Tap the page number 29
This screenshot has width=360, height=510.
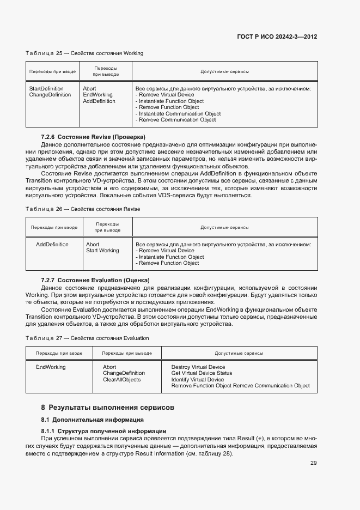pos(314,463)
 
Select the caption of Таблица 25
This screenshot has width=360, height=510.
pos(84,53)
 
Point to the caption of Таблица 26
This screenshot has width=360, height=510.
pos(83,209)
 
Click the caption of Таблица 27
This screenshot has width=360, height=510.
pos(87,338)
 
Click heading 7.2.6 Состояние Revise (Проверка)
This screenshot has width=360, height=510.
pos(93,136)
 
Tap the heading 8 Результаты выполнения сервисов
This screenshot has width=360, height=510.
pos(108,407)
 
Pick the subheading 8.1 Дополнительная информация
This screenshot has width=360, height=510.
pos(92,420)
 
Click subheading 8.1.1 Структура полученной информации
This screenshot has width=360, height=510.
pos(103,432)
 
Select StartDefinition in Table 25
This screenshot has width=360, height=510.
pos(46,88)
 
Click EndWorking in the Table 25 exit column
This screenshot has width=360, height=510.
pos(97,95)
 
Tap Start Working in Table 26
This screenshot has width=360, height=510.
pos(102,251)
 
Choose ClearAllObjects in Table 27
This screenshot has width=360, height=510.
pos(121,380)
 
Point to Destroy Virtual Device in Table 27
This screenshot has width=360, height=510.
pos(198,367)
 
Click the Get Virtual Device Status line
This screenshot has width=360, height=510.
pos(202,373)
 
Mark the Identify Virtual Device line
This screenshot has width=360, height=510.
pos(197,380)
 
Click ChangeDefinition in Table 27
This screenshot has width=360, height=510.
pos(123,373)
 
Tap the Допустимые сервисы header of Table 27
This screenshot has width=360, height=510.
pos(239,353)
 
